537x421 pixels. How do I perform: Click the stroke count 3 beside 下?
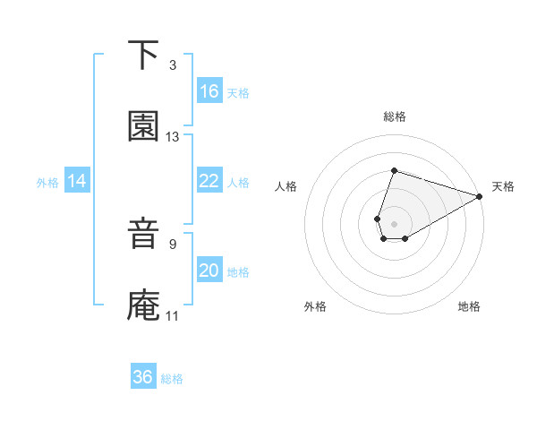tap(173, 65)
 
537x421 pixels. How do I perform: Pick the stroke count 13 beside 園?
tap(173, 137)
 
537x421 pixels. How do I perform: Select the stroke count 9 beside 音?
tap(173, 243)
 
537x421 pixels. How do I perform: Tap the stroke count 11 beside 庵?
tap(173, 315)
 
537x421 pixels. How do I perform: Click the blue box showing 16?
tap(209, 91)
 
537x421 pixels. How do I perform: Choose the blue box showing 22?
tap(209, 181)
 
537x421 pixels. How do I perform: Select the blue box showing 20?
tap(209, 271)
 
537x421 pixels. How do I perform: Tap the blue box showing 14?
tap(77, 181)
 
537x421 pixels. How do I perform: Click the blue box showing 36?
tap(143, 377)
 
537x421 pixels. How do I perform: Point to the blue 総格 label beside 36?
tap(172, 379)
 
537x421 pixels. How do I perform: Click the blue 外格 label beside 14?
tap(47, 183)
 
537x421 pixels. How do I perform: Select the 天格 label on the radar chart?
tap(503, 187)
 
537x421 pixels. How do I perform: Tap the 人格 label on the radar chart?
tap(286, 187)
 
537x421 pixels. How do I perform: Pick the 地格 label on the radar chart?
tap(469, 307)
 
